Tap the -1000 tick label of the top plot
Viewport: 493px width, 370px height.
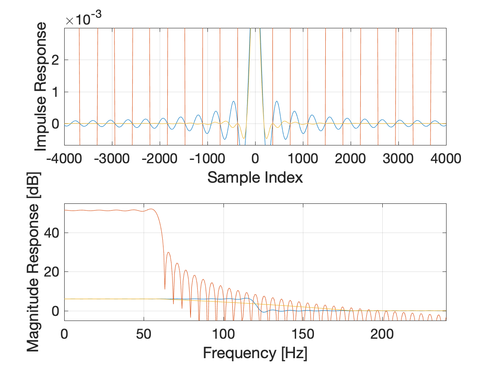(207, 159)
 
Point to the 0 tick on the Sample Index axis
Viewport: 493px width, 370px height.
(255, 159)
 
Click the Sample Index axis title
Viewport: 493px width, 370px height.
(255, 177)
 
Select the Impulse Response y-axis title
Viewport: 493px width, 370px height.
(41, 87)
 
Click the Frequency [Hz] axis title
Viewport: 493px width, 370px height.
(255, 352)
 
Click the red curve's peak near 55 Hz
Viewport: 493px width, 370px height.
(151, 209)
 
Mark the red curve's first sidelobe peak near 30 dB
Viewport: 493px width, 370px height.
(168, 252)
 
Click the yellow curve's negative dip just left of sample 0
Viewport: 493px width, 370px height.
(244, 138)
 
